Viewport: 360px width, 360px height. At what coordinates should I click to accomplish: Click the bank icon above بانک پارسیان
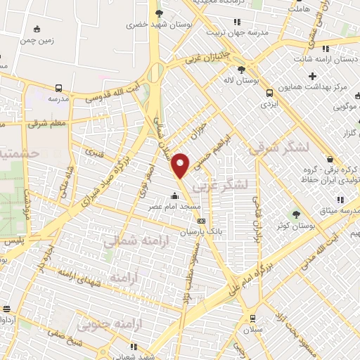pos(202,221)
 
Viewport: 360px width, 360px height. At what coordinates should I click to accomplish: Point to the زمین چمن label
pos(36,40)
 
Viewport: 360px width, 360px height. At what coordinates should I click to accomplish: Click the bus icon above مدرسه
pos(58,89)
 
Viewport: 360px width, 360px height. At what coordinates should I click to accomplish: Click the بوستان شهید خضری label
pos(152,25)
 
